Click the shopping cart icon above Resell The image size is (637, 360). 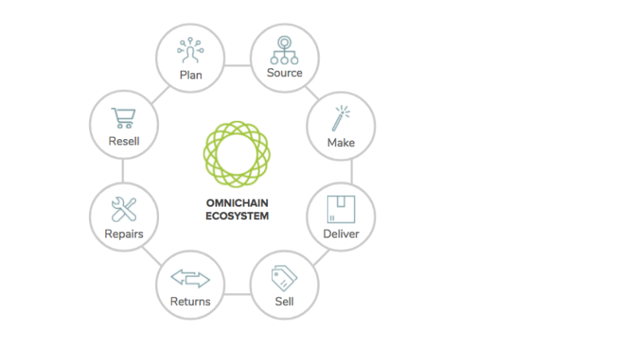123,118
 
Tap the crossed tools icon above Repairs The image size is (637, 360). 124,210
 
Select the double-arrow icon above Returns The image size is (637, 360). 190,279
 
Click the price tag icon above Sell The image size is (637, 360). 284,278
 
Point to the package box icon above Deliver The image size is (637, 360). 341,210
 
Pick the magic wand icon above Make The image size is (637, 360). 340,118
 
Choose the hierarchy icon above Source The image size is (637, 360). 285,50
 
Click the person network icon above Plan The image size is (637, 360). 191,50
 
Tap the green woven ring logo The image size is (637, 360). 237,154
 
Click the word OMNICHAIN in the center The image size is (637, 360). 237,203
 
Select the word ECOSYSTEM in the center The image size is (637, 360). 237,216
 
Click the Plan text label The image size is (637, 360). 191,75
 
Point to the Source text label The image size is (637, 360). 285,73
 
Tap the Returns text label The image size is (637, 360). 190,301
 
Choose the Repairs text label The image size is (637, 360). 124,234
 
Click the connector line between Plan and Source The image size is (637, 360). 237,65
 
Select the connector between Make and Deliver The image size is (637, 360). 352,172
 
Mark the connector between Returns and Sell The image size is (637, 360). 237,294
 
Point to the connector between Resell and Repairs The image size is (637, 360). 122,171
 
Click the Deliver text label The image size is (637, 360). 341,234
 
